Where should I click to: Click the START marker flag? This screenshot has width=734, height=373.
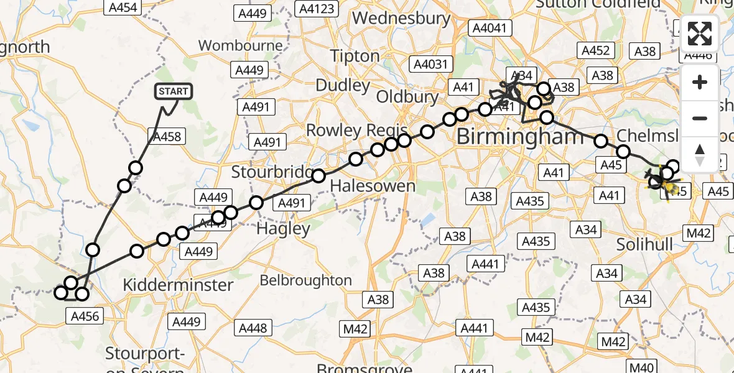pyautogui.click(x=173, y=92)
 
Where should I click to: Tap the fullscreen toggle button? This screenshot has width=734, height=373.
pyautogui.click(x=700, y=34)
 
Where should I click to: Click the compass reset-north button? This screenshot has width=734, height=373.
pyautogui.click(x=700, y=154)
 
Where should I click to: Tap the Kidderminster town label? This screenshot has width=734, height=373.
pyautogui.click(x=178, y=285)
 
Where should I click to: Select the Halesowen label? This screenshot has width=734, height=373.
pyautogui.click(x=373, y=185)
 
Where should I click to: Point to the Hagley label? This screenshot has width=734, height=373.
pyautogui.click(x=283, y=229)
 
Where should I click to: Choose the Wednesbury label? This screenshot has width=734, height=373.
pyautogui.click(x=401, y=18)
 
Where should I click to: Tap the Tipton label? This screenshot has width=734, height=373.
pyautogui.click(x=355, y=56)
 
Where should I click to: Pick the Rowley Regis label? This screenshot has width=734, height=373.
pyautogui.click(x=356, y=131)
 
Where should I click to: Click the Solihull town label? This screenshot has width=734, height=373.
pyautogui.click(x=644, y=244)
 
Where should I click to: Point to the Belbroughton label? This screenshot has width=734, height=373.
pyautogui.click(x=305, y=280)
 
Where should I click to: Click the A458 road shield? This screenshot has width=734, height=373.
pyautogui.click(x=166, y=136)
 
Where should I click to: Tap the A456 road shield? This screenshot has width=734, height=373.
pyautogui.click(x=82, y=316)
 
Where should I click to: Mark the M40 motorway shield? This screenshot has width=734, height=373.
pyautogui.click(x=643, y=367)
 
